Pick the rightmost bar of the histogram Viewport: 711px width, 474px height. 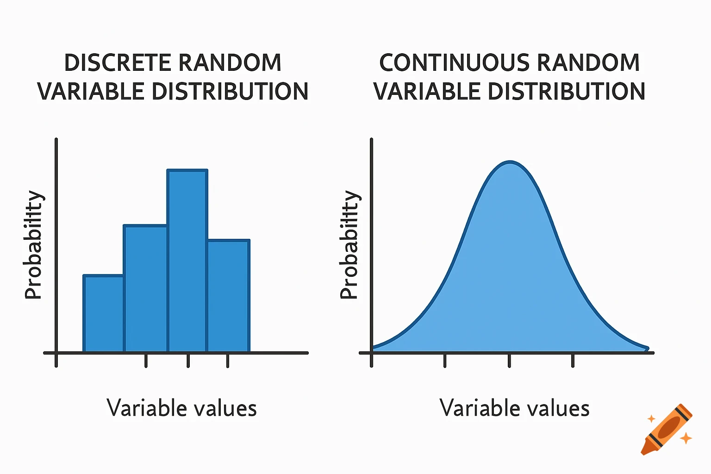click(229, 296)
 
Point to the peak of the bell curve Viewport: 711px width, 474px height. click(510, 163)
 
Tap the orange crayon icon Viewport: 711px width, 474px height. click(667, 429)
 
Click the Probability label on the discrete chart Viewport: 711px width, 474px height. click(33, 244)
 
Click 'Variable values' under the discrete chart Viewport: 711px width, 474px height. click(181, 408)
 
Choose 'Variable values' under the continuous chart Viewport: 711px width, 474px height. click(514, 408)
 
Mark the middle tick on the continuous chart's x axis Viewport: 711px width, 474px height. click(509, 360)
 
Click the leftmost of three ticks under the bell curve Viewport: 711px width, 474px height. click(445, 360)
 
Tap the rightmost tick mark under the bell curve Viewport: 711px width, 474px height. click(573, 360)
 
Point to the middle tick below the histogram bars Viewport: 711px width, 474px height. click(188, 360)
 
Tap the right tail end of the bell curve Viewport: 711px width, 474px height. click(646, 349)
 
